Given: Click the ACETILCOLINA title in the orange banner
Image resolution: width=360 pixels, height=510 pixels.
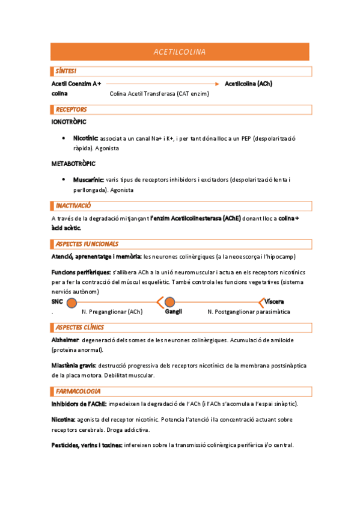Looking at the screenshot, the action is (180, 52).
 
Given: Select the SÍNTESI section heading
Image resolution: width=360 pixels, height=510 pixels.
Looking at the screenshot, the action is (66, 72).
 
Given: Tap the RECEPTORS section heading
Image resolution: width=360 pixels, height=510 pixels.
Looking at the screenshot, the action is (71, 109).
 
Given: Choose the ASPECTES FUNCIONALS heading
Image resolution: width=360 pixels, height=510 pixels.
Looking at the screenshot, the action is (87, 244).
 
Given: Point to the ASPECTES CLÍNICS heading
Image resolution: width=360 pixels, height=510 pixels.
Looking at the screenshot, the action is (79, 327).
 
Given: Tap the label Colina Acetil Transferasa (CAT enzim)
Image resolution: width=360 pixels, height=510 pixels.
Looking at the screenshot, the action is (159, 94).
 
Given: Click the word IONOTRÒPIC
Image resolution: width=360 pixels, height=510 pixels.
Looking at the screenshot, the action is (69, 122).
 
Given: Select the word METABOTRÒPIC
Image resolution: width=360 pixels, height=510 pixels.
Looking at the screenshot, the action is (73, 164).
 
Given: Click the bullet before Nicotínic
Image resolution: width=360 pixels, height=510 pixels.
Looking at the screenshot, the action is (64, 138).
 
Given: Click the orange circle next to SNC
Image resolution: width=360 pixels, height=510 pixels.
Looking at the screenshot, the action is (72, 302).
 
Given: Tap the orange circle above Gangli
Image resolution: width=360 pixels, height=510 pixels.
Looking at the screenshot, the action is (170, 302).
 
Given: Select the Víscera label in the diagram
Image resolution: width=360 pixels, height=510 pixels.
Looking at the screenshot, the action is (274, 301).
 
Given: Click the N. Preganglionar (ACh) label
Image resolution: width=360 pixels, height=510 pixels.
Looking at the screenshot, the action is (112, 312).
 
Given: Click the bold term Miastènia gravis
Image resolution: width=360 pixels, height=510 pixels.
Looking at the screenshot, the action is (72, 366).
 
